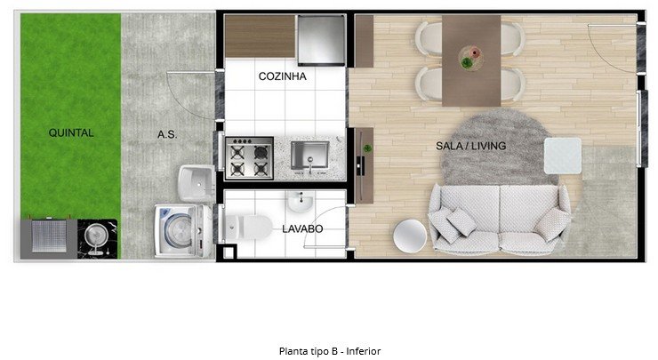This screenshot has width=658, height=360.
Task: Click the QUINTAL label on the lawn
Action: [71, 133]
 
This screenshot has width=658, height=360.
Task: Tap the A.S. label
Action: [167, 135]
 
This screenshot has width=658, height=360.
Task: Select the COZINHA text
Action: [283, 76]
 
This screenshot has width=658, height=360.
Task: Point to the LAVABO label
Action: [302, 229]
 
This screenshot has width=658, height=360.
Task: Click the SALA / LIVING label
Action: [471, 146]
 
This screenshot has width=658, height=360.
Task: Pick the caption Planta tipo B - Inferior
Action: [330, 351]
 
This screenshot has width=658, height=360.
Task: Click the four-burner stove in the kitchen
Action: [249, 158]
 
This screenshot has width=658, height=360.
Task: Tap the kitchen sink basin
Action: [310, 156]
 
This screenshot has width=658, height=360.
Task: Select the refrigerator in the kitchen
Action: [321, 40]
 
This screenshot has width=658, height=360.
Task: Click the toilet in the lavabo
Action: [248, 227]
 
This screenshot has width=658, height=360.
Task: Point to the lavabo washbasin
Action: [300, 203]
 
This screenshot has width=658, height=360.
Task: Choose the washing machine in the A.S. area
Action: [183, 230]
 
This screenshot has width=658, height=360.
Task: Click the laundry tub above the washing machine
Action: [197, 183]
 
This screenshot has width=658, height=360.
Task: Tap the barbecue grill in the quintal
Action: [49, 236]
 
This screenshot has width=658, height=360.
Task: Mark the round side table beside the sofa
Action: [410, 236]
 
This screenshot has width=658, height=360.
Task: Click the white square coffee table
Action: [563, 156]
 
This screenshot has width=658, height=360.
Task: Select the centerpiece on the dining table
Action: [471, 58]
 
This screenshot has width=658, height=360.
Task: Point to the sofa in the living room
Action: [500, 220]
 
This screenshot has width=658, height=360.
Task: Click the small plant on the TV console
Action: [367, 148]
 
